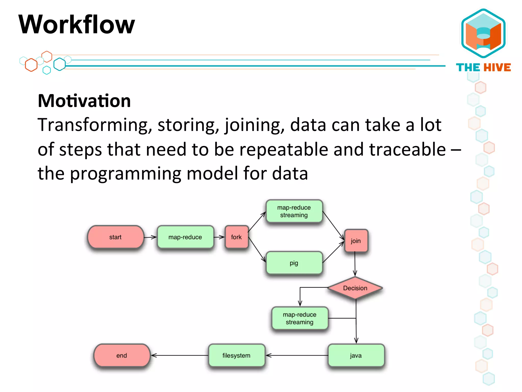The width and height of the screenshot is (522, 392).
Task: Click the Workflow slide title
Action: coord(76,25)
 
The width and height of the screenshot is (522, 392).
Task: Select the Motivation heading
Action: coord(84,101)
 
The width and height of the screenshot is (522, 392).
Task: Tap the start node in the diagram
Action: coord(115,237)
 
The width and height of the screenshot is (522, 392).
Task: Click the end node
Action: coord(122,356)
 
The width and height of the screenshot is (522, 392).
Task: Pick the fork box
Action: coord(236,237)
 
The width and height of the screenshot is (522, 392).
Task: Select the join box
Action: coord(356,241)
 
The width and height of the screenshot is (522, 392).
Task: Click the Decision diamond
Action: coord(355,288)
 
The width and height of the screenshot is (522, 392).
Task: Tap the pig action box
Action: coord(294,263)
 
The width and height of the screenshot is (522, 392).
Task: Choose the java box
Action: coord(356,356)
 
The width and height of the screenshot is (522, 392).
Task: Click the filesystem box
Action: coord(237,356)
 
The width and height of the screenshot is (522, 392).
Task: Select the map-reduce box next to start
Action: coord(185,237)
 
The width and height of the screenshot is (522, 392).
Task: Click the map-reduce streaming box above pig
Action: coord(294,211)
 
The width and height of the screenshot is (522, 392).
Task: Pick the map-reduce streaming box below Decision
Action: coord(300,318)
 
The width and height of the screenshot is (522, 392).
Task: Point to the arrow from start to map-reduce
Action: coord(150,237)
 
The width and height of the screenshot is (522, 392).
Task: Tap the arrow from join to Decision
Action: coord(355,264)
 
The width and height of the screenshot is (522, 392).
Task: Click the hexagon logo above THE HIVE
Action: coord(484,33)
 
